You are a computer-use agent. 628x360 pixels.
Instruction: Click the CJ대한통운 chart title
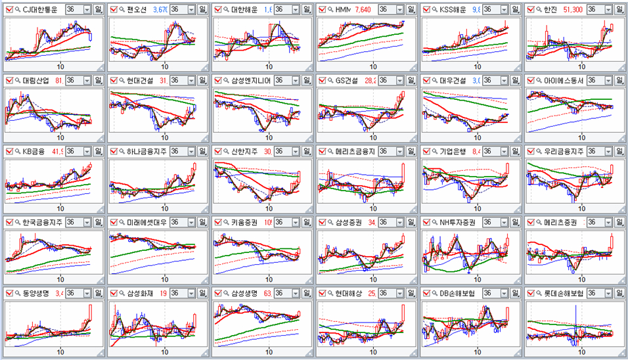tap(39, 10)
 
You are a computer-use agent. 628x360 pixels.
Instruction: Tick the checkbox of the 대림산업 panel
tap(9, 81)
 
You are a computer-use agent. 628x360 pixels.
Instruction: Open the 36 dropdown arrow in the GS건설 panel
tap(401, 81)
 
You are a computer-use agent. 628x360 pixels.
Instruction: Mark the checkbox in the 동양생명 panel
tap(9, 294)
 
